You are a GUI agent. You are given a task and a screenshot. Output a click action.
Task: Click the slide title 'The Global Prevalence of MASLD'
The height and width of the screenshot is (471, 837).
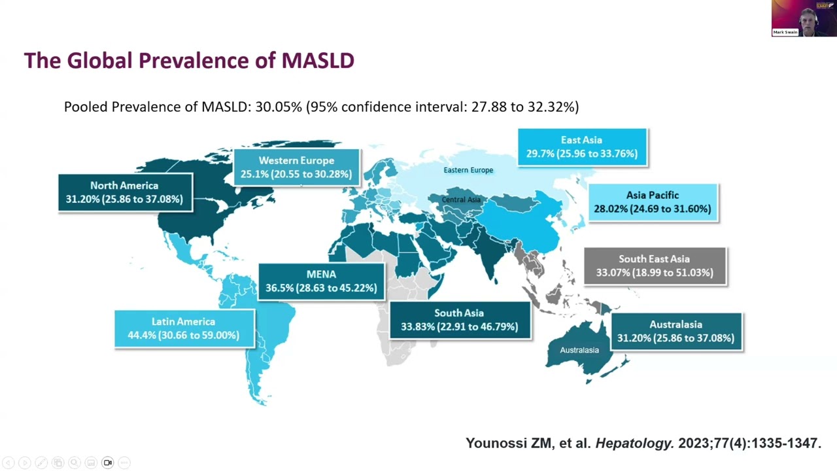coord(189,61)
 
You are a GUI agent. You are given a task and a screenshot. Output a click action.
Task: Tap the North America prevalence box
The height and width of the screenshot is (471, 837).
coord(125,192)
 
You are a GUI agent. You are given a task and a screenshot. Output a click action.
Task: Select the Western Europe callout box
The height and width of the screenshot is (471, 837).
coord(296,167)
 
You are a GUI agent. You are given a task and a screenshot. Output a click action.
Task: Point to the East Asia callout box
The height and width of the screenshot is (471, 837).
coord(582,147)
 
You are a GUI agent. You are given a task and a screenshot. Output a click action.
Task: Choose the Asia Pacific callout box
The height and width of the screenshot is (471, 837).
coord(653,202)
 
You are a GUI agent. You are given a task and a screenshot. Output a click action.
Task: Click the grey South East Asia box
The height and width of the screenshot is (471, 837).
coord(655,266)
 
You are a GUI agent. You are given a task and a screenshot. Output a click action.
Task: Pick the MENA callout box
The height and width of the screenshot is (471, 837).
coord(321,281)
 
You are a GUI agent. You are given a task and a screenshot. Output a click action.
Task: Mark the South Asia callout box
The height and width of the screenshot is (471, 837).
coord(460,320)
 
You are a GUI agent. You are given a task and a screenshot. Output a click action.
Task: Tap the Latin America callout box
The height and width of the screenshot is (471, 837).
coord(184,328)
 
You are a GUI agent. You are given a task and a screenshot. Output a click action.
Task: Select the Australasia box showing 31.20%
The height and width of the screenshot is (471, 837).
coord(676,332)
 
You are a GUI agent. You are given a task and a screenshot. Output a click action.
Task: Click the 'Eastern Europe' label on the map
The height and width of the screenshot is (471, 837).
coord(468,170)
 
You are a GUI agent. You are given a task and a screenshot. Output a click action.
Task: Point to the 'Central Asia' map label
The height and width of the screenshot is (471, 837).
coord(461,200)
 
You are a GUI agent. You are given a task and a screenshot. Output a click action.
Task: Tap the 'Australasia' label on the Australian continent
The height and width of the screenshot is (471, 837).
coord(579,350)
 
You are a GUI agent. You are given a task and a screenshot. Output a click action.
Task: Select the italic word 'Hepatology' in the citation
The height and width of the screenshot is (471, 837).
coord(634,444)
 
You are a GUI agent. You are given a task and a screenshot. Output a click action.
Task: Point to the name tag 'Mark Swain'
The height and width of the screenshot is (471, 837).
coord(785,32)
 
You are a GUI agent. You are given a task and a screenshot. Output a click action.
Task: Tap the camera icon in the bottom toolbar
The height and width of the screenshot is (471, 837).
coord(107,462)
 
